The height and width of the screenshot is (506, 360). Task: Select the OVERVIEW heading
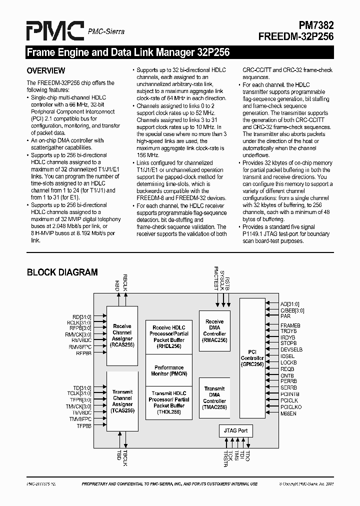(x=46, y=70)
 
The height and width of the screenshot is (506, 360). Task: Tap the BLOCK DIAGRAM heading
(x=62, y=272)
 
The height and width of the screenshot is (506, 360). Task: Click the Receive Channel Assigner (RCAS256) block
(x=122, y=335)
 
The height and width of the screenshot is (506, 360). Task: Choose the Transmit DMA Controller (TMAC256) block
(x=214, y=398)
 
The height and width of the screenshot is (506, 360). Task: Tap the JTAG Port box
(x=236, y=430)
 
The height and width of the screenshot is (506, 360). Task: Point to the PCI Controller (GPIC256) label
(x=252, y=358)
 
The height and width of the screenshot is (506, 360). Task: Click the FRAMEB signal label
(x=290, y=325)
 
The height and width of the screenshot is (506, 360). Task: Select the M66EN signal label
(x=288, y=413)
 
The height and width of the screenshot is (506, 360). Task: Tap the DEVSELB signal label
(x=291, y=349)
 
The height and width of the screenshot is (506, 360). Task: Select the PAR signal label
(x=285, y=316)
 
